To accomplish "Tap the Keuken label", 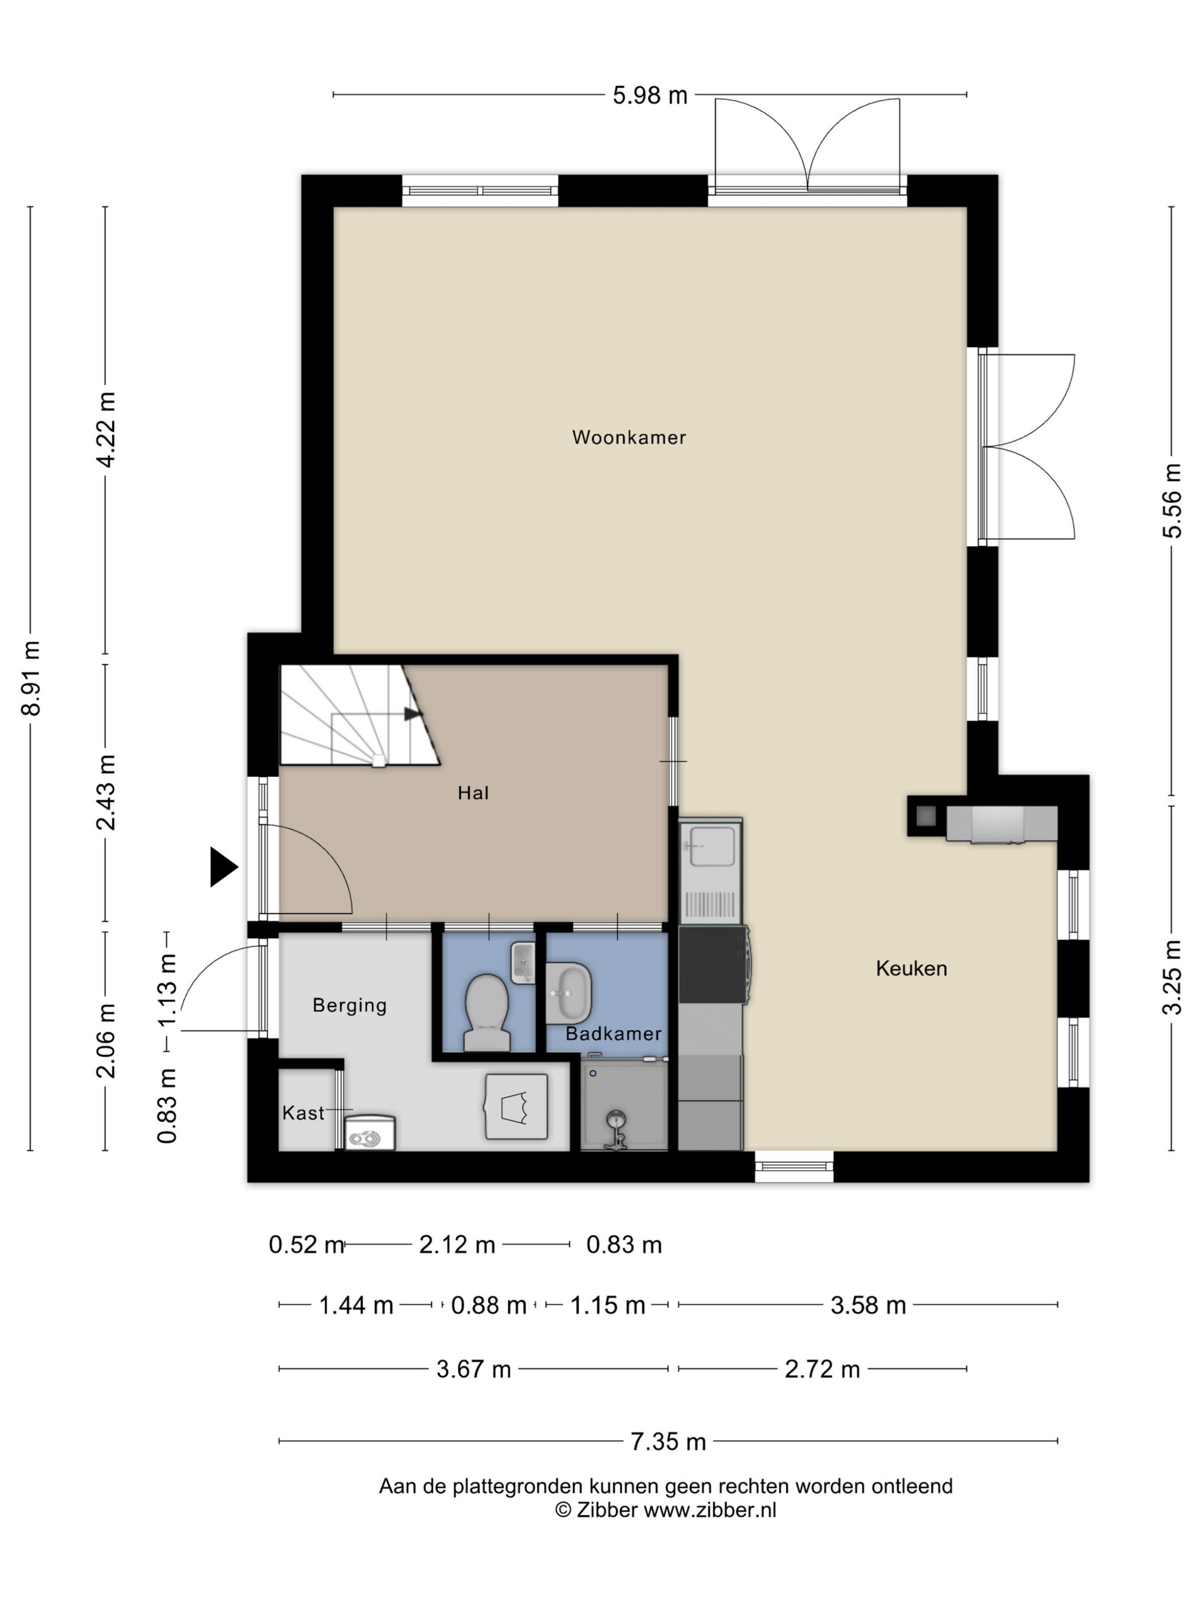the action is coord(911,968).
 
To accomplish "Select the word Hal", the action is coord(473,793).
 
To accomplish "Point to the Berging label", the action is coord(349,1005).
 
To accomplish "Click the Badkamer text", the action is coord(613,1033).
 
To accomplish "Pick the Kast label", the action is coord(303,1113).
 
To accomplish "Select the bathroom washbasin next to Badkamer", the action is coord(569,993).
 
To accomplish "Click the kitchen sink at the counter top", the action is coord(711,846).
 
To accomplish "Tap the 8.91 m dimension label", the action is coord(31,678).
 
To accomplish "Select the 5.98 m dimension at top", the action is coord(650,95).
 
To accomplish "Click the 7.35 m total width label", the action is coord(668,1442).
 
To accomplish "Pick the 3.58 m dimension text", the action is coord(868,1305).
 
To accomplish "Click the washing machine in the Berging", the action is coord(516,1107).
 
